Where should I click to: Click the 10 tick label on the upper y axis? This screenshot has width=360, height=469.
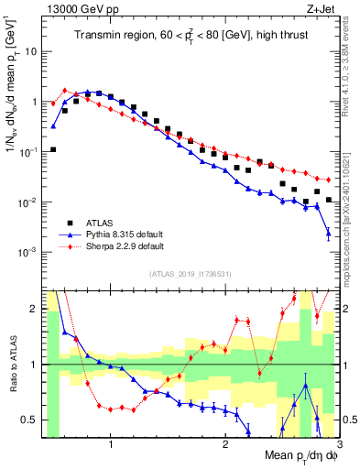pyautogui.click(x=30, y=51)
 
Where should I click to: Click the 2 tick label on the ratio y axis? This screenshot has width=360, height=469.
pyautogui.click(x=32, y=309)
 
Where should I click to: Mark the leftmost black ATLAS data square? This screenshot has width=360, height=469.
pyautogui.click(x=53, y=149)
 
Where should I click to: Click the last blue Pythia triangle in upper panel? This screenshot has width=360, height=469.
pyautogui.click(x=328, y=234)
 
